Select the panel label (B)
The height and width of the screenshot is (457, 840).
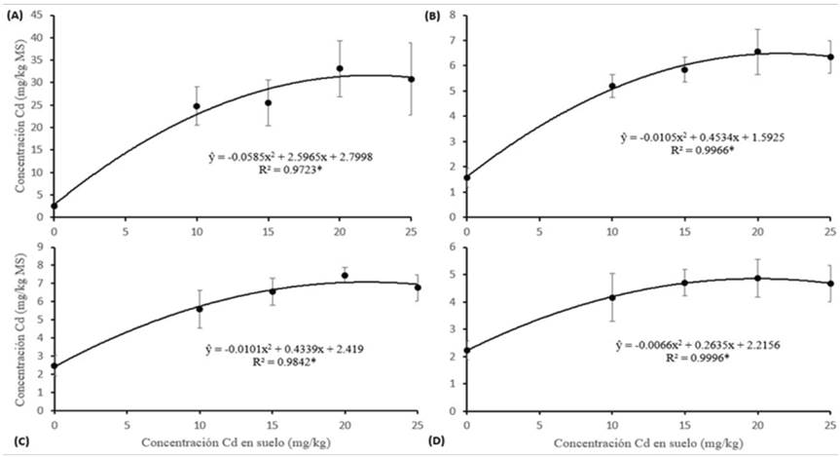pos(431,14)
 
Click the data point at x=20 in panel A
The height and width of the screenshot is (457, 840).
pos(340,68)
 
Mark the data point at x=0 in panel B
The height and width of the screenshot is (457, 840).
pos(467,177)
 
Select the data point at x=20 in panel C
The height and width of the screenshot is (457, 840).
pos(340,275)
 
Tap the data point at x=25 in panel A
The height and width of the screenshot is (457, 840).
pos(411,79)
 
